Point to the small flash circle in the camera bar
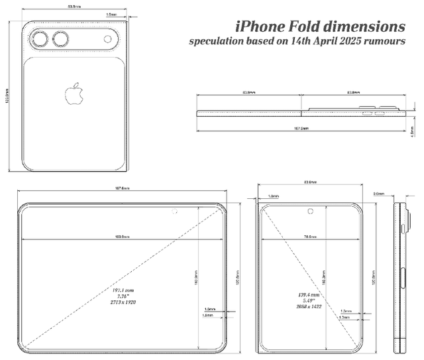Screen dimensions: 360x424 click(107, 40)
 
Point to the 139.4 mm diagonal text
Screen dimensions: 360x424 click(310, 294)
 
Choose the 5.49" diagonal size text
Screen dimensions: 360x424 click(310, 300)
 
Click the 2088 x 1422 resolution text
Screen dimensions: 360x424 click(310, 307)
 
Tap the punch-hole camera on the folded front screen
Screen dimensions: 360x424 click(310, 212)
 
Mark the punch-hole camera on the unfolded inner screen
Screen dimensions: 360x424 click(174, 212)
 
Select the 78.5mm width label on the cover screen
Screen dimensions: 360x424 click(309, 236)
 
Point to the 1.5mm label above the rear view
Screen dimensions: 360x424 click(112, 13)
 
